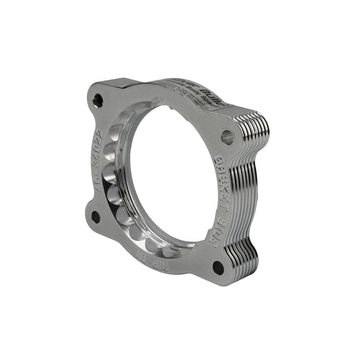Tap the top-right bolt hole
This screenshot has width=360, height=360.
(227, 136)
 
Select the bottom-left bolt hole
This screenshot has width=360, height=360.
(95, 217)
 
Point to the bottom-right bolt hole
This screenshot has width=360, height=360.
(218, 266)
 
